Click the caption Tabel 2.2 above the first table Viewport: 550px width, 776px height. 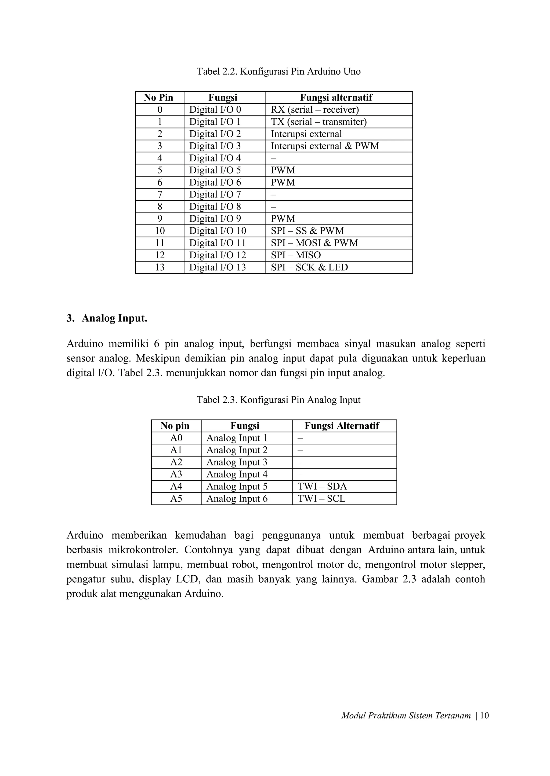pos(278,71)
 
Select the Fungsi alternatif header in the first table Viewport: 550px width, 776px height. pos(336,97)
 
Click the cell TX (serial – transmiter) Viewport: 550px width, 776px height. pos(318,122)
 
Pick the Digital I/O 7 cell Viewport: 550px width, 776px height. pos(215,194)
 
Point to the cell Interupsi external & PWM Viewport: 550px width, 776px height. pos(324,146)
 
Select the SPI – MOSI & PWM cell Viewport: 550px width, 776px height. pos(314,243)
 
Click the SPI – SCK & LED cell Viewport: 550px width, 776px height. pos(309,267)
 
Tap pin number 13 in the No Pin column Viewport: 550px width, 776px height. pos(160,267)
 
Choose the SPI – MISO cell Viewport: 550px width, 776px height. pos(296,255)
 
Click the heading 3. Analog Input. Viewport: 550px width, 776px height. pos(107,318)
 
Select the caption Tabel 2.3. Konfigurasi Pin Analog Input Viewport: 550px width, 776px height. pos(278,400)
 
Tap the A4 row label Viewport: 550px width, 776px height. pos(176,486)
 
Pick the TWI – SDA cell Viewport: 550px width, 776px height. pos(322,486)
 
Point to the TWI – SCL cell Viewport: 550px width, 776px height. pos(321,499)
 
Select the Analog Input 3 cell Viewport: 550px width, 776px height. pos(237,462)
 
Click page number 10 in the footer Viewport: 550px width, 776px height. pos(484,715)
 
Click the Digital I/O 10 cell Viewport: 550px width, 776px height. pos(218,231)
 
